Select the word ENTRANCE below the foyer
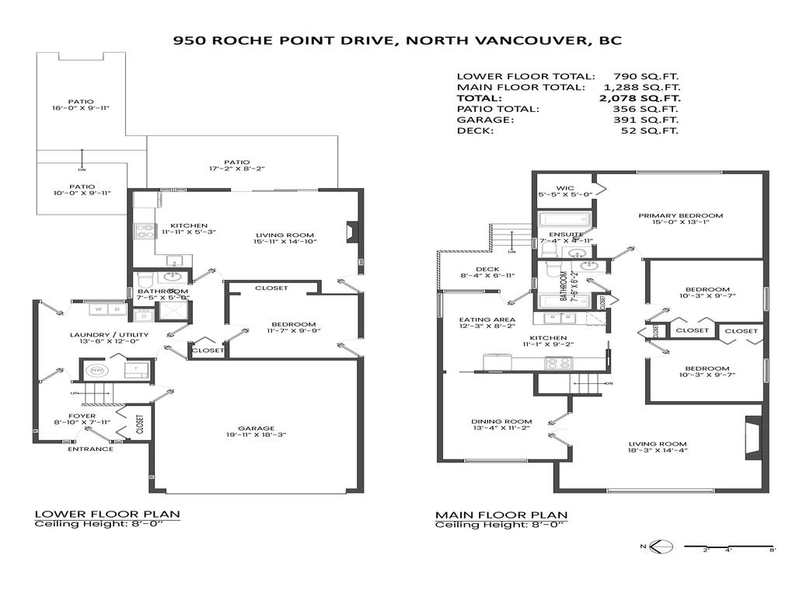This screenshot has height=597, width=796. point(90,449)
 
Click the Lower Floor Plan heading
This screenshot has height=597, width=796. point(107,515)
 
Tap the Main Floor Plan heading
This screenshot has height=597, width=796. point(501,515)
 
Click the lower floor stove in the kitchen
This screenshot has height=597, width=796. point(145,230)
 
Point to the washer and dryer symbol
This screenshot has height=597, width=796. point(107,309)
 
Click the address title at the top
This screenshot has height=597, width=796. point(397,40)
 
